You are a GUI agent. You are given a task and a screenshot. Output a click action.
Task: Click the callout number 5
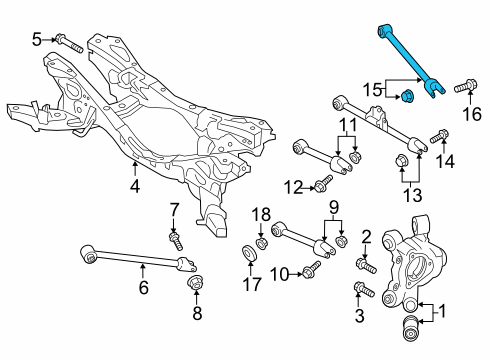(x=36, y=40)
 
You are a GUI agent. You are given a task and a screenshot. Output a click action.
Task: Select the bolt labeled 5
(x=70, y=44)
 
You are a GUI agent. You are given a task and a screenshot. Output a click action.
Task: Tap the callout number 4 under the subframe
(x=135, y=186)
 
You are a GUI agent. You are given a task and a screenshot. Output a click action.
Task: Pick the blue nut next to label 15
(x=406, y=96)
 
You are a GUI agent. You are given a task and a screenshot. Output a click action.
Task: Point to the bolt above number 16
(x=466, y=85)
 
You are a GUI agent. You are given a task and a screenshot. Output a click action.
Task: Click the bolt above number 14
(x=439, y=136)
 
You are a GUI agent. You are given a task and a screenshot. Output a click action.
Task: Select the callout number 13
(x=413, y=195)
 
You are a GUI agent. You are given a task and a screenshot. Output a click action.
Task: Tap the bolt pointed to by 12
(x=323, y=183)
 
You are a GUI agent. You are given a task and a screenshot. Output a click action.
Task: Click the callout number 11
(x=347, y=126)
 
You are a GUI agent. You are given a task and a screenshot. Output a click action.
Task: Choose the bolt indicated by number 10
(x=312, y=270)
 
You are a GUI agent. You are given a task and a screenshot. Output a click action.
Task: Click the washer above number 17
(x=250, y=253)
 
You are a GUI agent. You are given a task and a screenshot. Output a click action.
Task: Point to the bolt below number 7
(x=176, y=242)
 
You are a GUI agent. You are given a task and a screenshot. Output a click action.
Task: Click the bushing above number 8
(x=195, y=282)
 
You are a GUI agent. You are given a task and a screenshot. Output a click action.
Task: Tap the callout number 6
(x=143, y=287)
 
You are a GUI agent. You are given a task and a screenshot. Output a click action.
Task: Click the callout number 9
(x=334, y=207)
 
